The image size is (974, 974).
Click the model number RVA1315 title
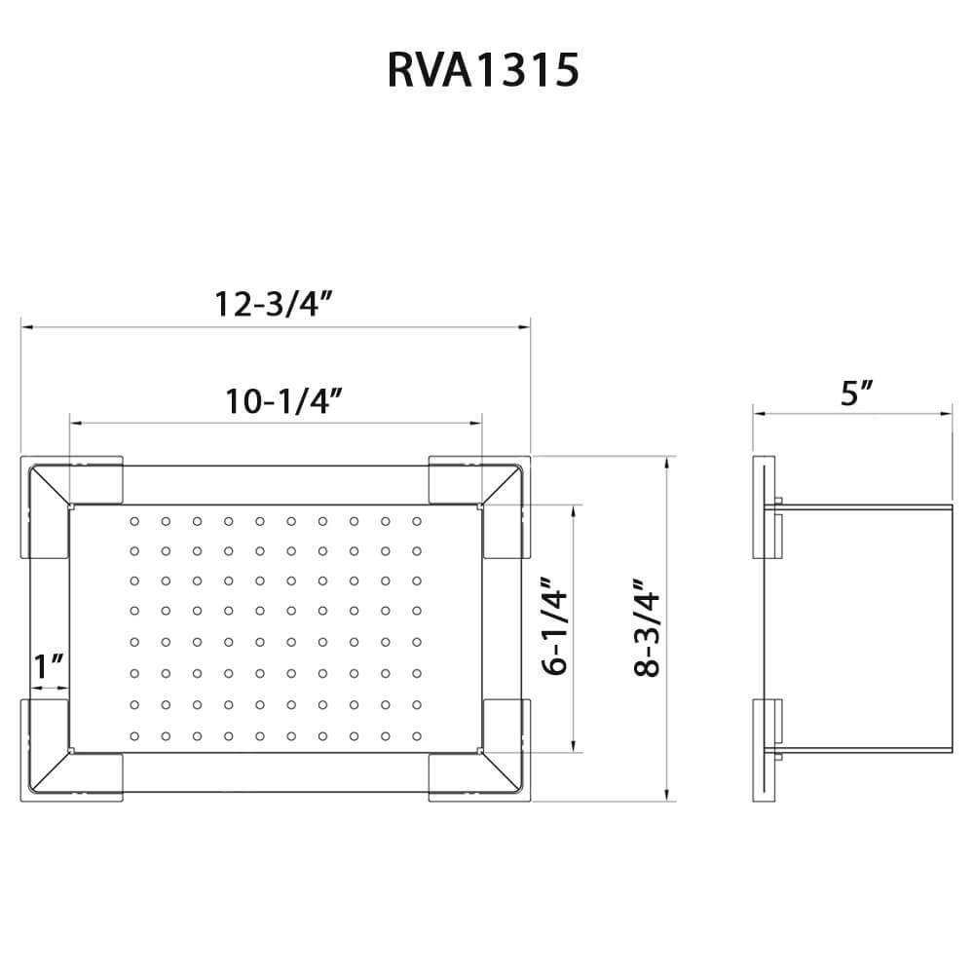484,71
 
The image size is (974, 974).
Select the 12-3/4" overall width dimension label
275,304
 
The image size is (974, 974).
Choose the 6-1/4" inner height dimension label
555,628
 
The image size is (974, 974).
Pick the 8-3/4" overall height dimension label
645,628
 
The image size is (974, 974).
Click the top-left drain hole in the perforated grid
134,522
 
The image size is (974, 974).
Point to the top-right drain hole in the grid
416,522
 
